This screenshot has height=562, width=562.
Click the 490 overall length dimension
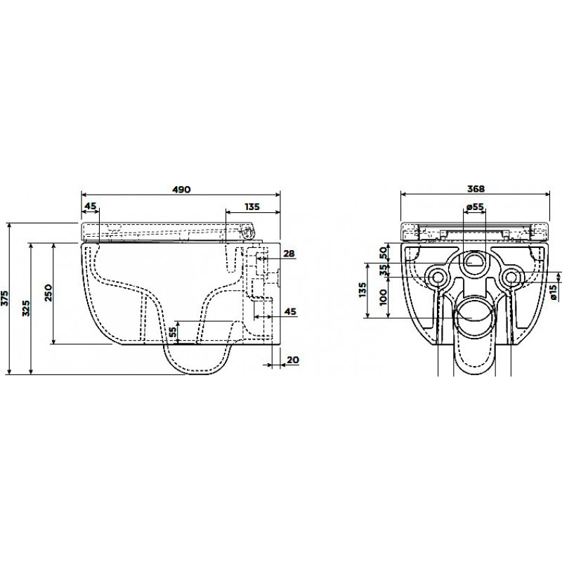pyautogui.click(x=181, y=189)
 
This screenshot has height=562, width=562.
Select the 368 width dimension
pyautogui.click(x=476, y=188)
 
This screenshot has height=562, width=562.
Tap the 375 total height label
pyautogui.click(x=5, y=297)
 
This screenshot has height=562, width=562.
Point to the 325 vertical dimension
pyautogui.click(x=26, y=308)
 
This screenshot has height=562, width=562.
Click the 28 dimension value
pyautogui.click(x=289, y=254)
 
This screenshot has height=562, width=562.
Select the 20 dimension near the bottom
pyautogui.click(x=293, y=360)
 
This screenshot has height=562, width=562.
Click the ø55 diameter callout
pyautogui.click(x=476, y=207)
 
